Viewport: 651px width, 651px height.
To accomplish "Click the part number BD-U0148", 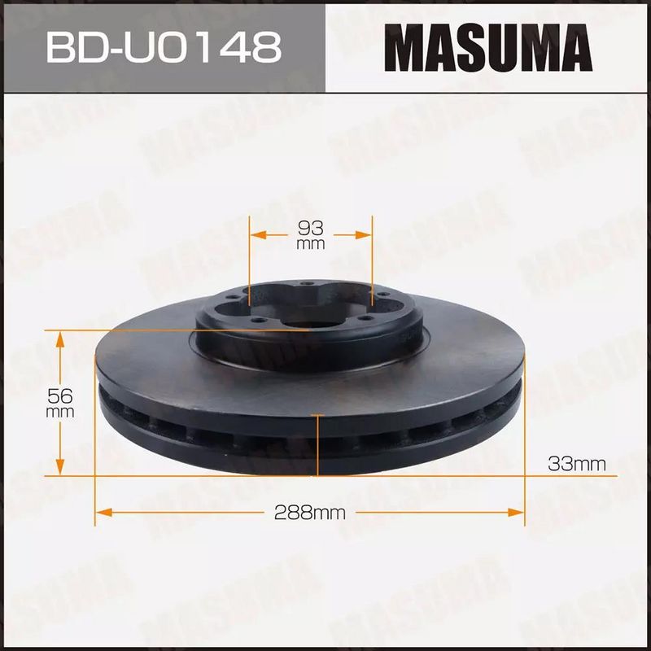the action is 164,48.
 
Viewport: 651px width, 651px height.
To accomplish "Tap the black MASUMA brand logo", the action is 488,48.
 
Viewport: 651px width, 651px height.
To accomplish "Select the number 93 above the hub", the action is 311,228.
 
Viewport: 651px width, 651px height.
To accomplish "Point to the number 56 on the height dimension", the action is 60,396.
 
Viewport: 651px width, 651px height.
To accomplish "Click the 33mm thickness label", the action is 577,463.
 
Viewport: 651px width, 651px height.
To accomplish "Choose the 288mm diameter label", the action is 310,513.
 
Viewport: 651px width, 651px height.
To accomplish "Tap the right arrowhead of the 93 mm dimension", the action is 363,235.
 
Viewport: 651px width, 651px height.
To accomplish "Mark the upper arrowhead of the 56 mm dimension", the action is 60,339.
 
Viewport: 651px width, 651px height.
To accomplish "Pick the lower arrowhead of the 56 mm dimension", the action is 60,466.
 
